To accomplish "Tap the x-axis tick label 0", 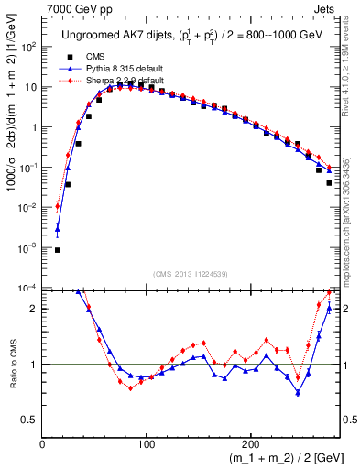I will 42,442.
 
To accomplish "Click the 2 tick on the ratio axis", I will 33,309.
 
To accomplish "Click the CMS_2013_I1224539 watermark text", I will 191,274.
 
